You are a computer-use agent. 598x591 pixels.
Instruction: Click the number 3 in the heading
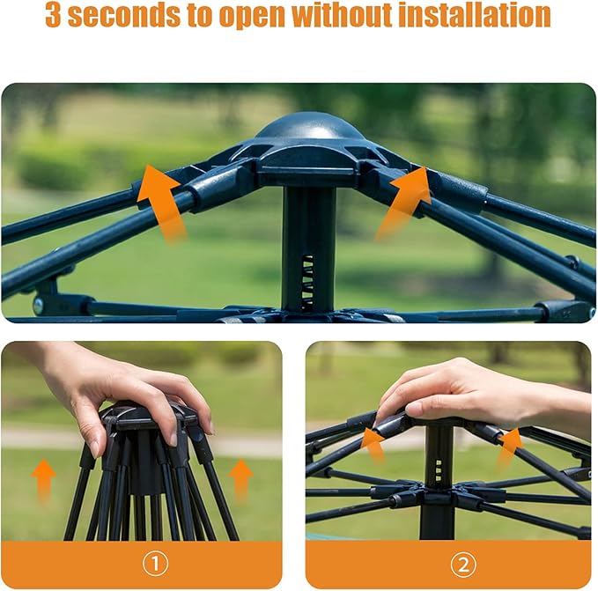(x=54, y=15)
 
